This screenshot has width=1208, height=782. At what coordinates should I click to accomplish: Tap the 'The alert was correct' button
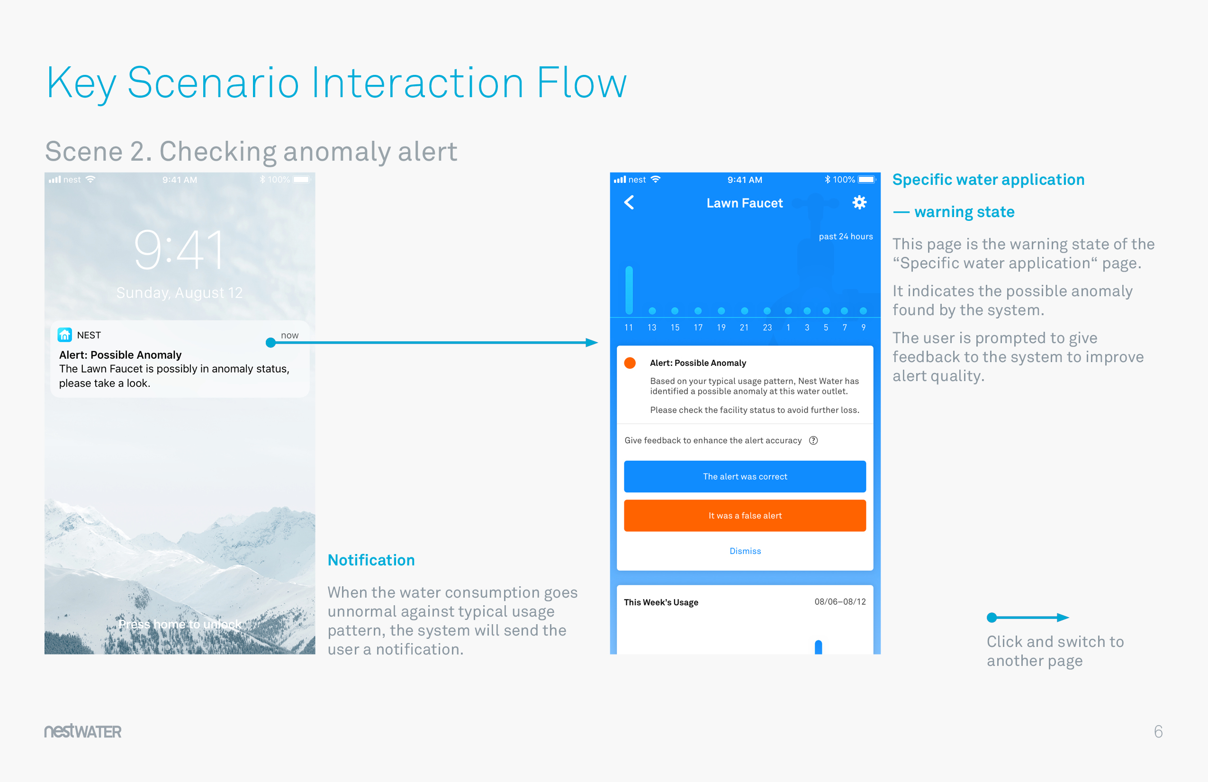coord(745,476)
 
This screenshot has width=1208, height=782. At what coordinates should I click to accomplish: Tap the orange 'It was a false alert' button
coord(745,516)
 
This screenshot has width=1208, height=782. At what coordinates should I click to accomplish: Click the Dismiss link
coord(745,551)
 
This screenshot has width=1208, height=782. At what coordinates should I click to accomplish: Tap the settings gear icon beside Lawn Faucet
coord(859,203)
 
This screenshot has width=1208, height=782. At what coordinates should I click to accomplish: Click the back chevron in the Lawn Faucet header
coord(629,203)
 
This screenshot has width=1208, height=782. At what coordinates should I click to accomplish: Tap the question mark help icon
coord(813,440)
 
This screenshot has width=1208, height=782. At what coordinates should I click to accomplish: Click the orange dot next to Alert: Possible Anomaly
coord(630,363)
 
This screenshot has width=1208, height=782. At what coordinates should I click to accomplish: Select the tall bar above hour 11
coord(629,290)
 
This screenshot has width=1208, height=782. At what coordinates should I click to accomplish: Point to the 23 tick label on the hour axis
coord(767,327)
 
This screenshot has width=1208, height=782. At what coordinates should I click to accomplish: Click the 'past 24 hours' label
coord(846,236)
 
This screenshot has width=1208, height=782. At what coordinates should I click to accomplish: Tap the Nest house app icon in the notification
coord(64,335)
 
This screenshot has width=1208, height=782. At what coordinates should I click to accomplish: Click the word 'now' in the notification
coord(289,335)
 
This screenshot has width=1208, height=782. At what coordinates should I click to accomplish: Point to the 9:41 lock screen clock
coord(179,250)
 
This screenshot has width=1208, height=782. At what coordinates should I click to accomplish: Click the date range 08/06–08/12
coord(840,602)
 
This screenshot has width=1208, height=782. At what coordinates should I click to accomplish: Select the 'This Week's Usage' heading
coord(661,602)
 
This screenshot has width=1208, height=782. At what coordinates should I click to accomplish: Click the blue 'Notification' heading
coord(371,560)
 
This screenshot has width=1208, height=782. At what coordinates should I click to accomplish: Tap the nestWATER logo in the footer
coord(83,731)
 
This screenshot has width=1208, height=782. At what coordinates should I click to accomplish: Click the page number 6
coord(1158,731)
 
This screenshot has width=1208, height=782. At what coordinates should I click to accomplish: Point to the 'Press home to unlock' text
coord(179,624)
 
